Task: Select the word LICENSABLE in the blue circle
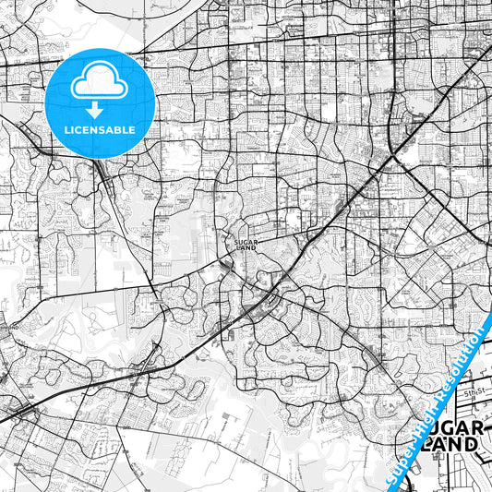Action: (x=101, y=129)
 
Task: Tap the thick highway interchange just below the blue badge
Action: (x=103, y=174)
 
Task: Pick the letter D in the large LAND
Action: (x=472, y=444)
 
